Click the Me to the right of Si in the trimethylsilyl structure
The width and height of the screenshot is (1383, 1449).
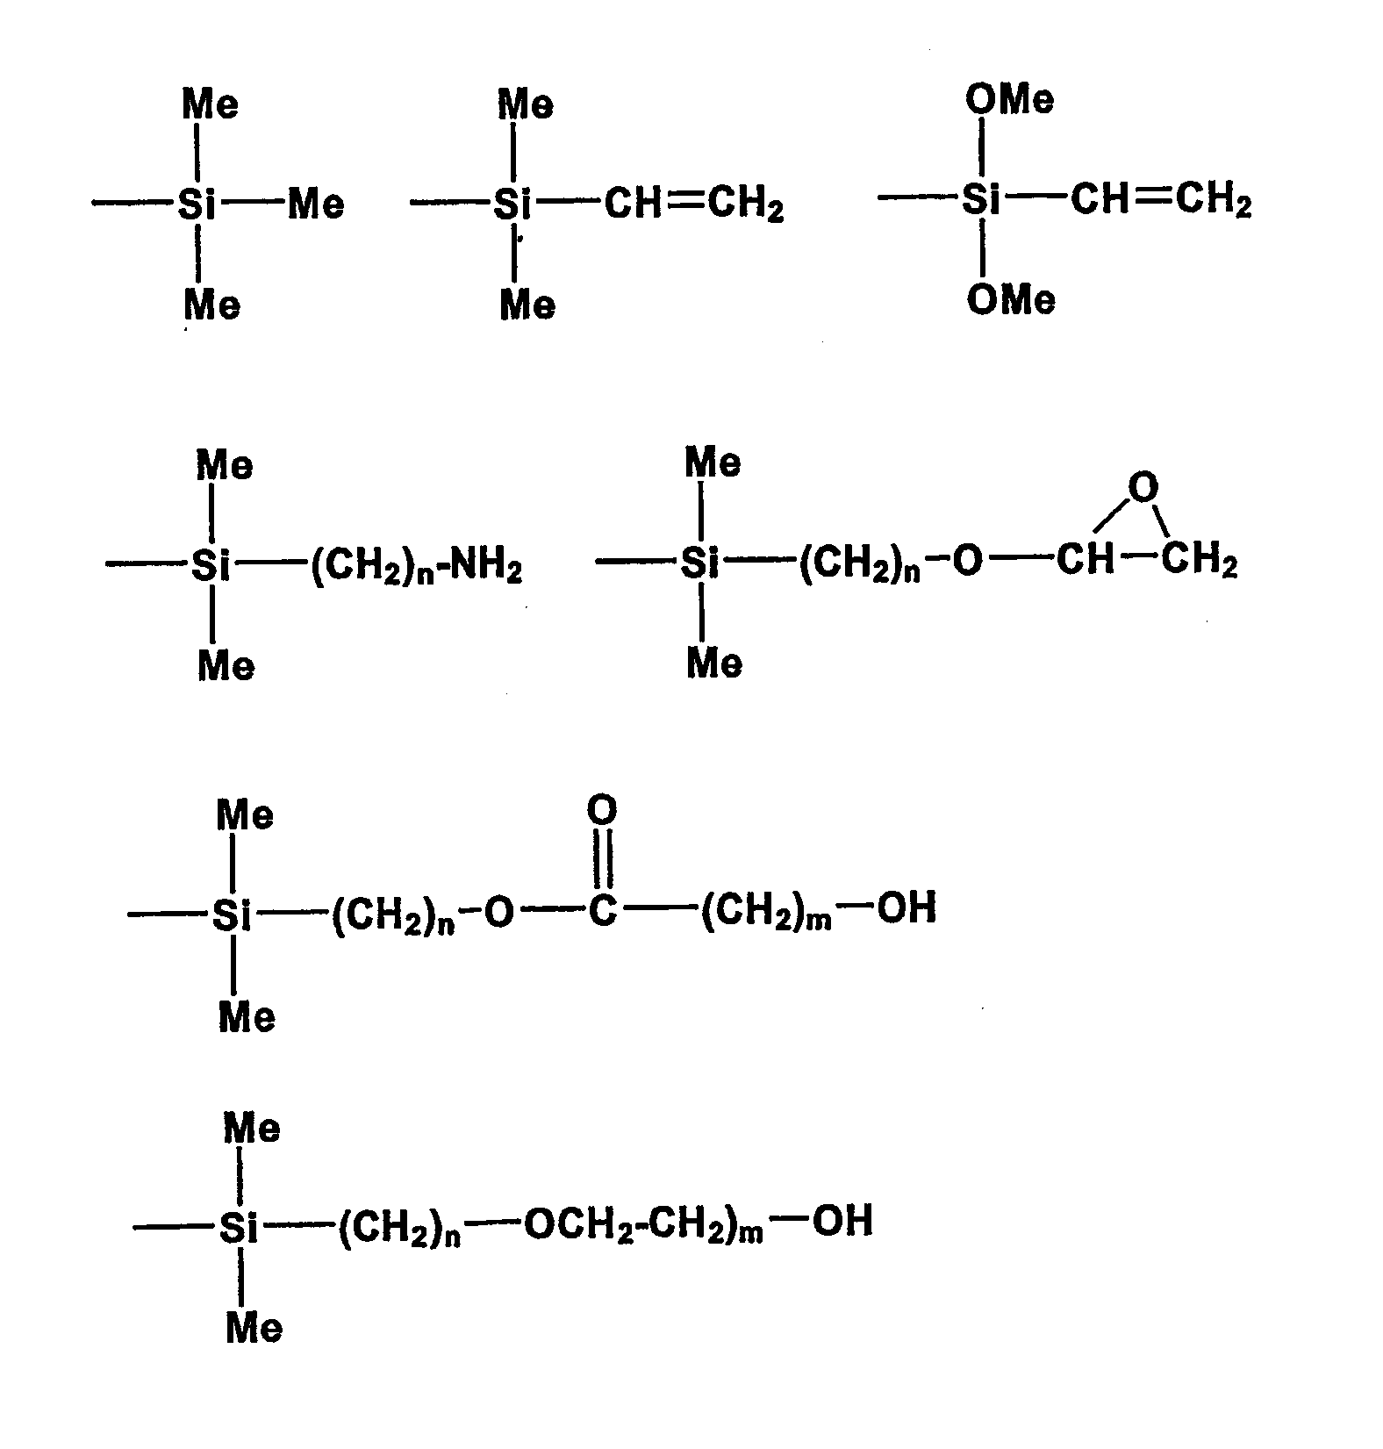coord(316,205)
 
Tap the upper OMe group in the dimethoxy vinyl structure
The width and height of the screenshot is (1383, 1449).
coord(1009,99)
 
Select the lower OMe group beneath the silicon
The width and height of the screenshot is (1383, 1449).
coord(1011,301)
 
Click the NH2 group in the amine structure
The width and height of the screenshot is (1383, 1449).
coord(486,568)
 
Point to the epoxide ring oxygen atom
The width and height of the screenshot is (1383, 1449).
coord(1143,487)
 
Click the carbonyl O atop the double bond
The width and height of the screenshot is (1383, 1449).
coord(602,810)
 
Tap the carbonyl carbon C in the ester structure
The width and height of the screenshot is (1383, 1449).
coord(602,911)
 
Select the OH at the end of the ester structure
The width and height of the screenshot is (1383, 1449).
coord(906,907)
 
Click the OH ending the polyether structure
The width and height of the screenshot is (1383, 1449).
coord(842,1221)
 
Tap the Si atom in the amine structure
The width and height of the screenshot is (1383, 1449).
coord(211,566)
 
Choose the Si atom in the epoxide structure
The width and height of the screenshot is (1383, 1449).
coord(699,563)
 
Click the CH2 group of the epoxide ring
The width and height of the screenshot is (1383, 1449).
coord(1200,561)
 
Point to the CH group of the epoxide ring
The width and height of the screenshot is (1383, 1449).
coord(1085,559)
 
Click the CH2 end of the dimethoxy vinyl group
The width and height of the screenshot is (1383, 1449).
coord(1213,201)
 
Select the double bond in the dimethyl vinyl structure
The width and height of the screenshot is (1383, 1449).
coord(687,204)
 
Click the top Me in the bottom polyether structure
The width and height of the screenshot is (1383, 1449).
coord(252,1128)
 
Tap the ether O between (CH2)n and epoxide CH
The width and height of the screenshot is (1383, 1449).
coord(966,561)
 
